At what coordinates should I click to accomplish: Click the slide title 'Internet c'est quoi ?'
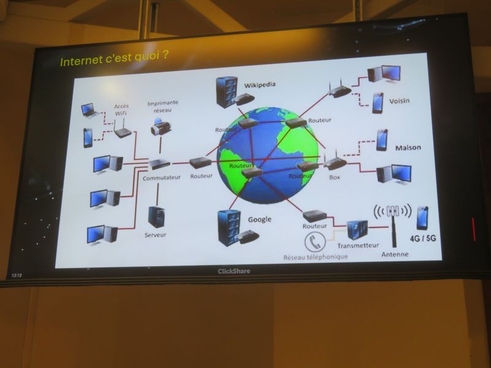(x=114, y=58)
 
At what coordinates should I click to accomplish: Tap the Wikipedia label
(x=260, y=85)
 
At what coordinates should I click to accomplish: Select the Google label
(x=260, y=220)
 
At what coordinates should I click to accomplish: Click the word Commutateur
(x=161, y=178)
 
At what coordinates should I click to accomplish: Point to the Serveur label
(x=155, y=235)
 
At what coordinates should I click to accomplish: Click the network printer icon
(x=161, y=126)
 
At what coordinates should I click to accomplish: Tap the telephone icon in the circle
(x=315, y=242)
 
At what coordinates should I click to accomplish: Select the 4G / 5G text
(x=423, y=239)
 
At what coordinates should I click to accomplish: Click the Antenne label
(x=395, y=255)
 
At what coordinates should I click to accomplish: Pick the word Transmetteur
(x=358, y=245)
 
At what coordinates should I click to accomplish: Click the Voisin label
(x=400, y=101)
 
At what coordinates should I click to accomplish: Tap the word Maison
(x=408, y=147)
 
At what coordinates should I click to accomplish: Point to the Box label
(x=334, y=177)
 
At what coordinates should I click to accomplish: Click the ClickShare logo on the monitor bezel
(x=234, y=271)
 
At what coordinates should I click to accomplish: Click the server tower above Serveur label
(x=157, y=217)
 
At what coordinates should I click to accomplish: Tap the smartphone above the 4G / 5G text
(x=422, y=218)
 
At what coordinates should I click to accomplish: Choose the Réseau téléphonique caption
(x=315, y=257)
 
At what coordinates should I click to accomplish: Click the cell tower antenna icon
(x=393, y=224)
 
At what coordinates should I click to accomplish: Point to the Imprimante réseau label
(x=163, y=106)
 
